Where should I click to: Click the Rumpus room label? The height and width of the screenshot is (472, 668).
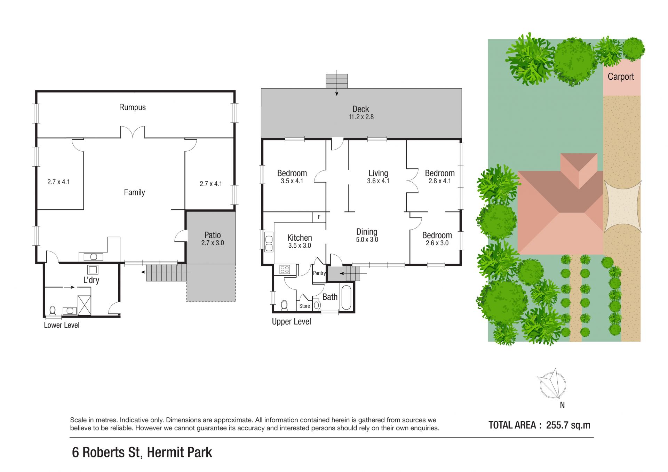[x=132, y=107]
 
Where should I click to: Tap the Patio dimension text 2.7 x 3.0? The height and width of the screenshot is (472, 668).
[x=213, y=243]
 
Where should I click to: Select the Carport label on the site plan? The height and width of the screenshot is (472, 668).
[x=621, y=77]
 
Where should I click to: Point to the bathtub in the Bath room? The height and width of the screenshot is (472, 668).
[x=346, y=297]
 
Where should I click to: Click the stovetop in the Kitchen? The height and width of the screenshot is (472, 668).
[x=285, y=269]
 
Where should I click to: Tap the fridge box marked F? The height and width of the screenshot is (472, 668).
[x=319, y=217]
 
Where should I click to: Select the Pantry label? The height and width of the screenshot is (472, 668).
[x=319, y=273]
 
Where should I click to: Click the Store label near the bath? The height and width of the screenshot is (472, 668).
[x=305, y=306]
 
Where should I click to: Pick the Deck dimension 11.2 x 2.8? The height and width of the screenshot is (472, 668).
[x=361, y=117]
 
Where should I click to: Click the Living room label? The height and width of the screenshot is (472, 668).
[x=378, y=173]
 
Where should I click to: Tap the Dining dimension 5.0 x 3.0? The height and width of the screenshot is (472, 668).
[x=367, y=239]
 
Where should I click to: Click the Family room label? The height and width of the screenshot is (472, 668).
[x=134, y=192]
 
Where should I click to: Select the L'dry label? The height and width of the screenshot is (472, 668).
[x=91, y=280]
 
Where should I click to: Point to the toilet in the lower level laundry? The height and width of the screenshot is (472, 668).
[x=53, y=310]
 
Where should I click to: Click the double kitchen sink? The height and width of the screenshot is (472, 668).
[x=269, y=242]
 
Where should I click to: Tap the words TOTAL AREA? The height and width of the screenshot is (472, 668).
[x=512, y=425]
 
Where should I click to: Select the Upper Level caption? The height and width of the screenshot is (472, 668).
[x=292, y=322]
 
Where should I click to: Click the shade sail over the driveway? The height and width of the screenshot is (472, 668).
[x=622, y=206]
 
